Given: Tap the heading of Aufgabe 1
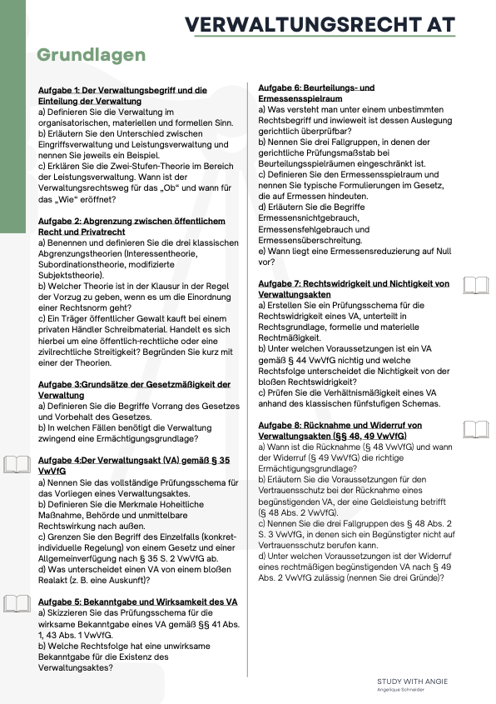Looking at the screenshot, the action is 122,95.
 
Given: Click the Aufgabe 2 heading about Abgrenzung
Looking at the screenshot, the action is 131,226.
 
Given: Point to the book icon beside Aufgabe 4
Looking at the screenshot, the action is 17,465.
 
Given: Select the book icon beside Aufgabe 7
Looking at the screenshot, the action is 476,287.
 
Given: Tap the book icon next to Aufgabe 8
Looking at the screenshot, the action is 476,429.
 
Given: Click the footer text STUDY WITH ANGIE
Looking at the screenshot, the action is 412,682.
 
